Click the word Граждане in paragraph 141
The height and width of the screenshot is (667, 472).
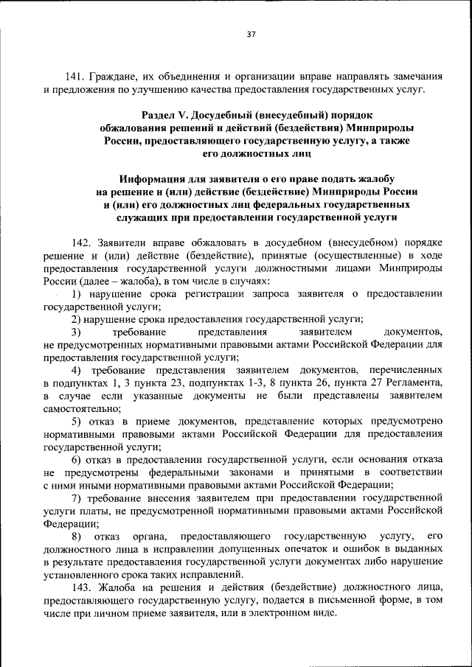[x=117, y=76]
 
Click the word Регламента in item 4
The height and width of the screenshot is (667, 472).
[x=414, y=382]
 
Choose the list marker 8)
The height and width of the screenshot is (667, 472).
[x=76, y=535]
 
